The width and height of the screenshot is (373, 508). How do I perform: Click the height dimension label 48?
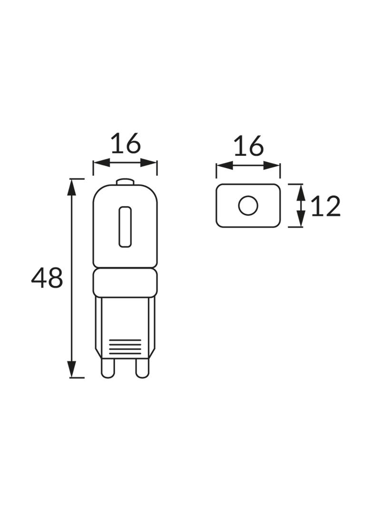(47, 278)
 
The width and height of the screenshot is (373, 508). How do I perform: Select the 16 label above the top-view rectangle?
(248, 146)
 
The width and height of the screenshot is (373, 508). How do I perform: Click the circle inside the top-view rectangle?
(248, 206)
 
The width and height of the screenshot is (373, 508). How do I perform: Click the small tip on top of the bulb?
(125, 182)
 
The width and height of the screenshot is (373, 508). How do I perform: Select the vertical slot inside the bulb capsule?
(125, 227)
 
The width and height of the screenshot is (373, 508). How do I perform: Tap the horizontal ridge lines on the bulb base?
(125, 346)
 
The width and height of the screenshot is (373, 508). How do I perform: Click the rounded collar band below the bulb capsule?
(125, 282)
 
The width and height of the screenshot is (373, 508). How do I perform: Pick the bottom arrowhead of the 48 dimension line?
(71, 370)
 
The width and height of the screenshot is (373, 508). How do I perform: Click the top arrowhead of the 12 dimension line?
(300, 191)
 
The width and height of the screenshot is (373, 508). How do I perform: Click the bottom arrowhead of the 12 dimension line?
(300, 220)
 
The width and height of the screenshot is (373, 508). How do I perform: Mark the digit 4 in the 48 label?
(39, 278)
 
